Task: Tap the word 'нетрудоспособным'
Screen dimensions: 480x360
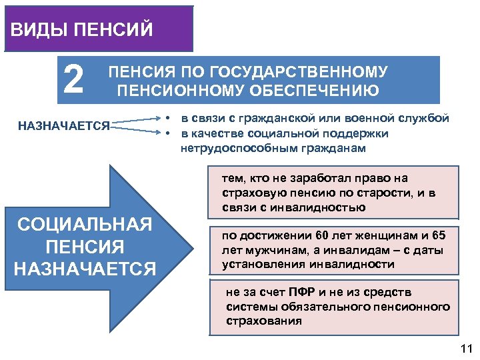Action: pos(227,148)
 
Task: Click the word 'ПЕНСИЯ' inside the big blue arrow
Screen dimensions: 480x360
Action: pos(85,247)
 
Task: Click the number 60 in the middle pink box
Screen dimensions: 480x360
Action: pos(306,235)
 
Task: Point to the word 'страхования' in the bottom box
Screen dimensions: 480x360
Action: pos(264,321)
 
